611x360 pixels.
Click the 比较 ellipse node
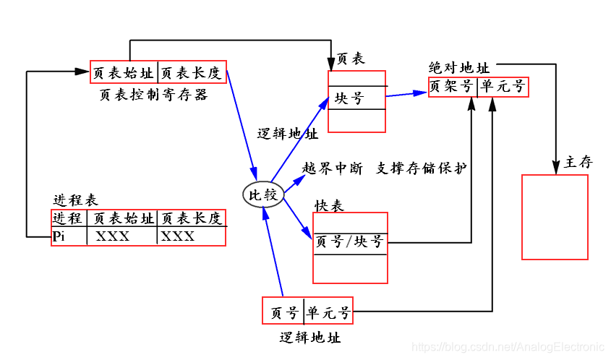point(263,194)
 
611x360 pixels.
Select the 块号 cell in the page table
point(350,98)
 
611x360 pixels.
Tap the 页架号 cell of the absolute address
point(453,87)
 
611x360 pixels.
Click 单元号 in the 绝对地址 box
point(503,87)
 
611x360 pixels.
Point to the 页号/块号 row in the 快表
point(350,242)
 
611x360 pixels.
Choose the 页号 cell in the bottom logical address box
point(284,313)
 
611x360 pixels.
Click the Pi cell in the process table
point(59,236)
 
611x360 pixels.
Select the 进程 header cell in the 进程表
point(69,218)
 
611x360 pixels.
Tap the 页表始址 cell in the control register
point(124,72)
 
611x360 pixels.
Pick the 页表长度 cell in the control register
point(191,72)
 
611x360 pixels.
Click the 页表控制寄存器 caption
point(153,95)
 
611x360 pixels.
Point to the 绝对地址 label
point(458,67)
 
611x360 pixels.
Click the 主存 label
point(578,163)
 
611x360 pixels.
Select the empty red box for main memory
point(555,217)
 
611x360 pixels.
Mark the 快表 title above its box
point(329,206)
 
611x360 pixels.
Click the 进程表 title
point(76,200)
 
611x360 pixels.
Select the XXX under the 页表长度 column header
point(178,236)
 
